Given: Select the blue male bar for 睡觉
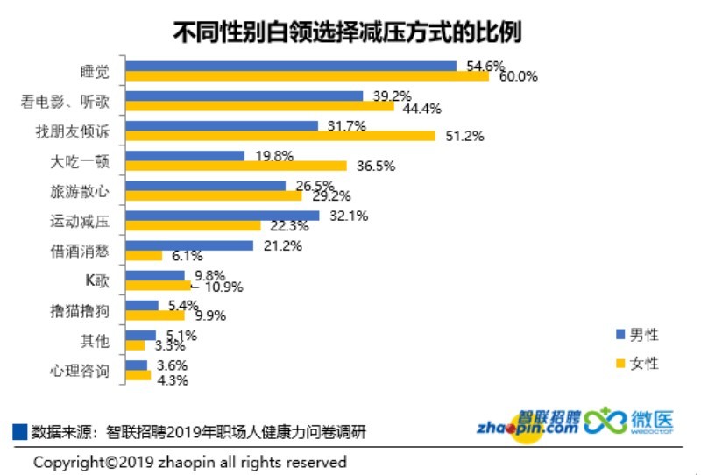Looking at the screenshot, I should (x=291, y=66).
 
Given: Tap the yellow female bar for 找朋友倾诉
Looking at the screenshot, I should (x=280, y=136).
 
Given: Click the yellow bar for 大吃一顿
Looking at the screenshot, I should (x=237, y=166).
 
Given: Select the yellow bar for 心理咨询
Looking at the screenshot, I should (x=138, y=375).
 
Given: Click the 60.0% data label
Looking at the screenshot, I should (x=518, y=76).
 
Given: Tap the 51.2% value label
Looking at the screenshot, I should (x=464, y=136).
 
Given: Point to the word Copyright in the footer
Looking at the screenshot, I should (x=67, y=462).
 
